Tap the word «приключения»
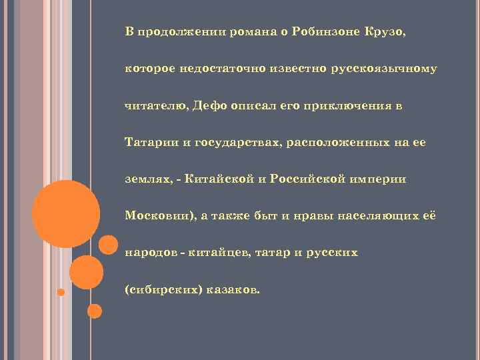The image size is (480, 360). (337, 105)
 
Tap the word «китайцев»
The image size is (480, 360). (221, 253)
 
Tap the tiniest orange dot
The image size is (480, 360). (61, 292)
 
